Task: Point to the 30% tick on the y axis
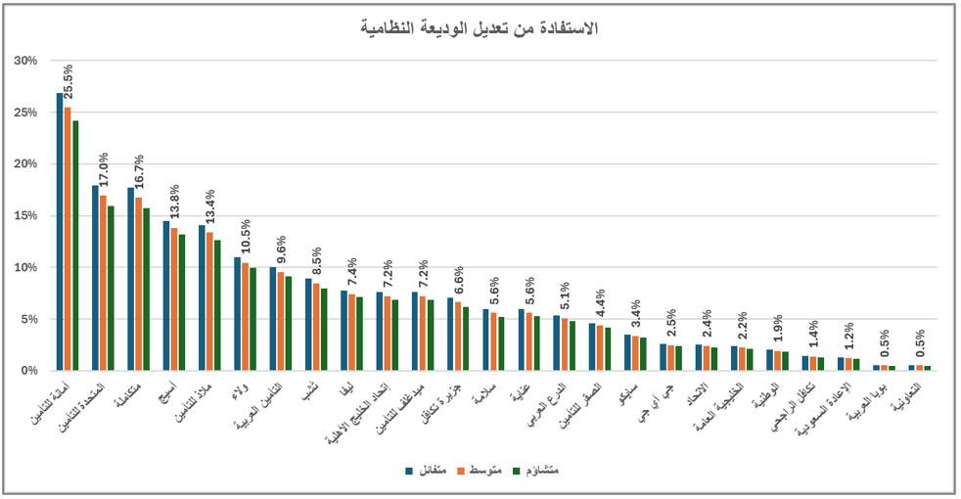(26, 61)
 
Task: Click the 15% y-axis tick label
(26, 215)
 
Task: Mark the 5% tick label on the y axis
(29, 319)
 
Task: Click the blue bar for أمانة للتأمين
(60, 232)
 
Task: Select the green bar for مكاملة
(147, 289)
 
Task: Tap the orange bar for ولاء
(245, 316)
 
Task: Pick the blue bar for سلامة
(485, 340)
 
